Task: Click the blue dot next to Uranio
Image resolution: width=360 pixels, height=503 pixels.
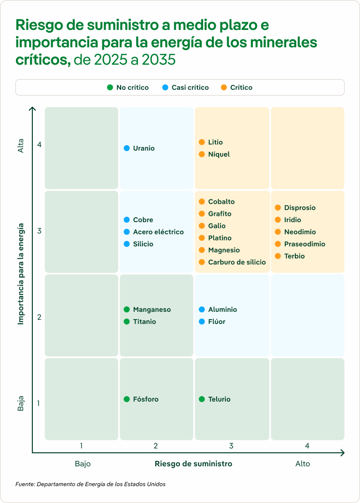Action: (x=126, y=148)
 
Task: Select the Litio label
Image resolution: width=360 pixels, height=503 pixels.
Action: (x=215, y=142)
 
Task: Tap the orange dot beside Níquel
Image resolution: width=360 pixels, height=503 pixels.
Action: (x=202, y=154)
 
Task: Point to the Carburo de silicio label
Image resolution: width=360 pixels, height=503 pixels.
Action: (x=237, y=262)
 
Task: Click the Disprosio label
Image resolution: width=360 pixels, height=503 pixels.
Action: (x=300, y=208)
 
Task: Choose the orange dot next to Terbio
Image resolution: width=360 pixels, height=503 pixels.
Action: (x=277, y=256)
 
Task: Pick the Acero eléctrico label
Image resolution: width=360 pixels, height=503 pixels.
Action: (x=158, y=232)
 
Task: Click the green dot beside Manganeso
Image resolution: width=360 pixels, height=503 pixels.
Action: (x=126, y=309)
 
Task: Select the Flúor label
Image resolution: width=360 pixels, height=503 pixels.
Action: (x=217, y=322)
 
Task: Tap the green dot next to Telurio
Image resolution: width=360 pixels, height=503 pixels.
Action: (x=202, y=399)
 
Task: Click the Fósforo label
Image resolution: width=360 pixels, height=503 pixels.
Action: (x=146, y=399)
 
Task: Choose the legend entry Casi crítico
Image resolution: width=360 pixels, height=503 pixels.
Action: (x=190, y=87)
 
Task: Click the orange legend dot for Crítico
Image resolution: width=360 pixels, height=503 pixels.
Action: (x=223, y=87)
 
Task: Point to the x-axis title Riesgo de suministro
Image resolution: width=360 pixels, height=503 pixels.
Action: (x=193, y=464)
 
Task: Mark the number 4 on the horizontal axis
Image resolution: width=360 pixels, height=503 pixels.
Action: (x=307, y=446)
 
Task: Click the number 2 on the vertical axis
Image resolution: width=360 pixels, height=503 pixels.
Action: (x=39, y=317)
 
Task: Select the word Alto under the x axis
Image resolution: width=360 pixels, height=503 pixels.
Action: (x=303, y=464)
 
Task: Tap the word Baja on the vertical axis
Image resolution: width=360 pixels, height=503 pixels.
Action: (x=21, y=404)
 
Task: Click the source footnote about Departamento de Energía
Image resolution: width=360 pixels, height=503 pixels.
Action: (x=90, y=484)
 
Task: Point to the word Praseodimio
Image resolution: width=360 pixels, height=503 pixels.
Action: (x=305, y=244)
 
